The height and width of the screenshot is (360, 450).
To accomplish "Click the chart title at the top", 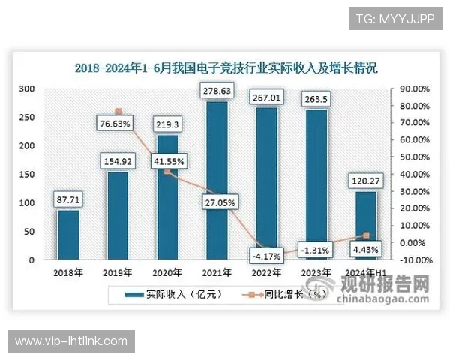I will pos(225,67).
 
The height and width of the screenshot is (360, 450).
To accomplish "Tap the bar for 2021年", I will pos(217,180).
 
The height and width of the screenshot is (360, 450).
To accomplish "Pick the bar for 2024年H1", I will pos(365,226).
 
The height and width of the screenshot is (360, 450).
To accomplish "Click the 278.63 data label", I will pos(217,91).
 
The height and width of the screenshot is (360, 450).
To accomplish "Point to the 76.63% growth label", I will pos(118,124).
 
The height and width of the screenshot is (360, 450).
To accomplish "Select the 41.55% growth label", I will pos(167,160).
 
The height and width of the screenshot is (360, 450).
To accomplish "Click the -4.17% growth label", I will pos(266,256).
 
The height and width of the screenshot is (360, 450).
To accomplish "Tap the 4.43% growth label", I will pos(365,249).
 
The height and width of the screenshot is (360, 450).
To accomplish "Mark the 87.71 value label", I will pos(68,199).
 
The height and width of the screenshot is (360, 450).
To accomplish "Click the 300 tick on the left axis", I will pos(27,88).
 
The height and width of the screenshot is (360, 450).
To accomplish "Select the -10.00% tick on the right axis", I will pos(412,260).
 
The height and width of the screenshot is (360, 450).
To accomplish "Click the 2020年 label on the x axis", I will pos(167,272).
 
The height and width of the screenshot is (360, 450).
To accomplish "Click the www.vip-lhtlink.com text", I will pos(71,341).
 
